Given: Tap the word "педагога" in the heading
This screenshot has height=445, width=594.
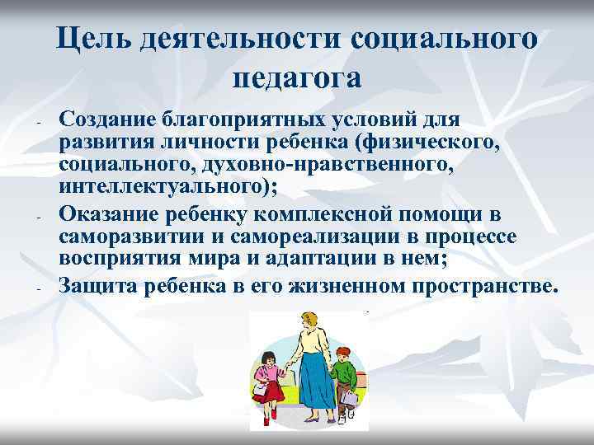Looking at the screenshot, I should coord(297,77).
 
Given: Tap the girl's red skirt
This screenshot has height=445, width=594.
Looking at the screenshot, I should coord(269,391).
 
